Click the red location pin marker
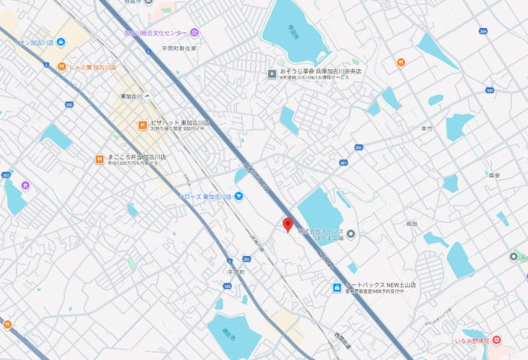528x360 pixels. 287,224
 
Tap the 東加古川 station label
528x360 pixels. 131,96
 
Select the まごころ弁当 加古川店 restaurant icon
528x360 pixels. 98,157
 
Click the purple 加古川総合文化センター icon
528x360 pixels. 194,33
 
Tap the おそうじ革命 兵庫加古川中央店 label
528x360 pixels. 314,72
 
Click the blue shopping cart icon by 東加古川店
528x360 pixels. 238,196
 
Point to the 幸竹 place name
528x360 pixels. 426,129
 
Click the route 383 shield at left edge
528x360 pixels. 7,175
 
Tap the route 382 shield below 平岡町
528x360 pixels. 228,286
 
